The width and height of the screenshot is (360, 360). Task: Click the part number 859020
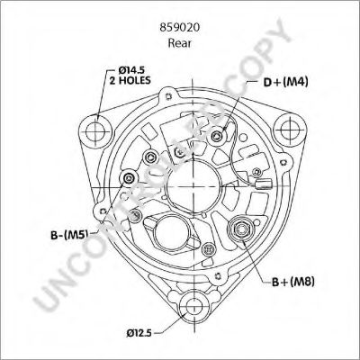pyautogui.click(x=180, y=27)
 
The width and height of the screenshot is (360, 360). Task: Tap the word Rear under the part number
pyautogui.click(x=180, y=43)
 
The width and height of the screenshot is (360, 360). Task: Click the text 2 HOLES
pyautogui.click(x=130, y=80)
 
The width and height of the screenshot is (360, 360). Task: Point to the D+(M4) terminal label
pyautogui.click(x=285, y=82)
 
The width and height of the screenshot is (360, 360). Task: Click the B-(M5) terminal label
pyautogui.click(x=69, y=235)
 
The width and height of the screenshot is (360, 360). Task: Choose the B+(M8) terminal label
pyautogui.click(x=293, y=282)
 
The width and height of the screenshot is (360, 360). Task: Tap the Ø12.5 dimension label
pyautogui.click(x=139, y=332)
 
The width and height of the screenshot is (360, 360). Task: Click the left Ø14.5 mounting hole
pyautogui.click(x=95, y=131)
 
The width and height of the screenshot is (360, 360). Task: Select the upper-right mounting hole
pyautogui.click(x=290, y=130)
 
